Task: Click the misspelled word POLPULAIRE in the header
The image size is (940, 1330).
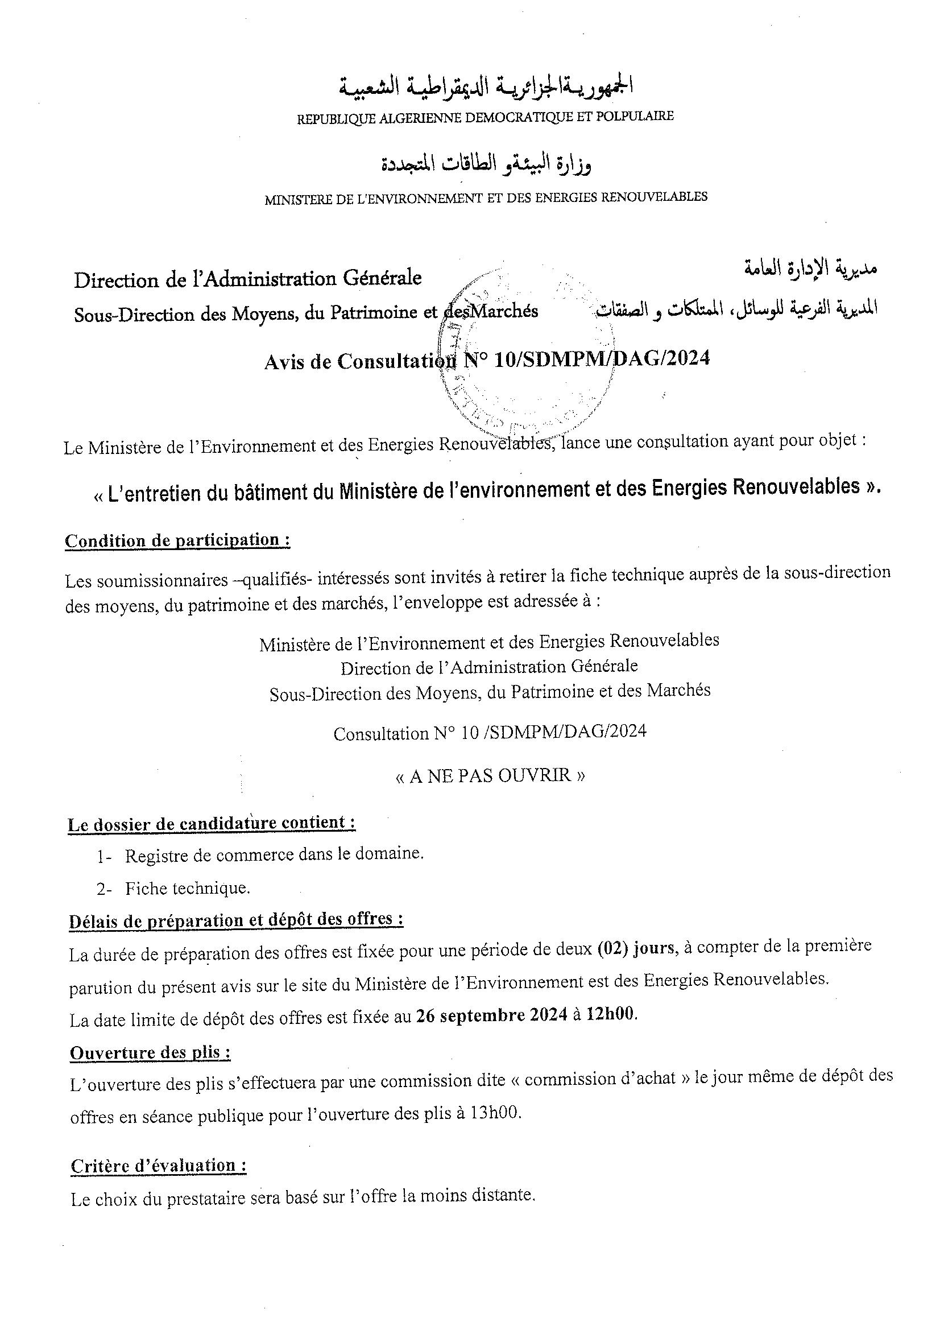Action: tap(642, 116)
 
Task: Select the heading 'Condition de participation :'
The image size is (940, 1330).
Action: tap(177, 540)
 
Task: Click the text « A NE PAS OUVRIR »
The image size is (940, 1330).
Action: tap(490, 775)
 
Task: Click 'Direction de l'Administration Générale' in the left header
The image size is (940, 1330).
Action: tap(248, 279)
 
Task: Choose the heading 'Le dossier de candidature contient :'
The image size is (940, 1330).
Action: tap(212, 824)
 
